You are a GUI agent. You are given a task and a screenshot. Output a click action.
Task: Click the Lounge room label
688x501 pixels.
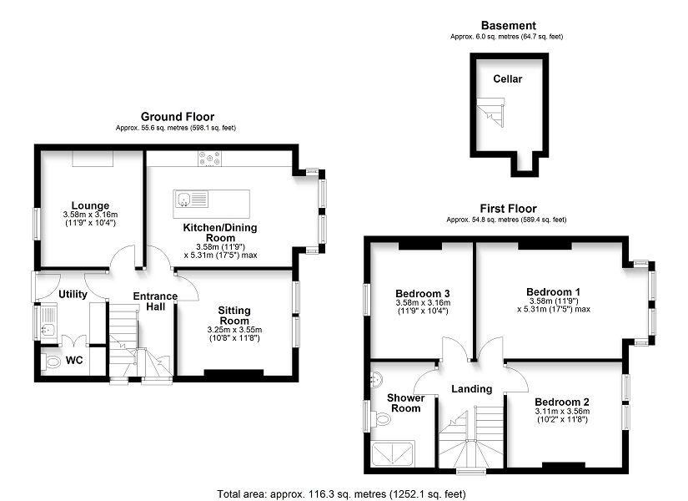(90, 205)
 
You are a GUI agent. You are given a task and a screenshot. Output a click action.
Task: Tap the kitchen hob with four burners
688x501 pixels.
(209, 159)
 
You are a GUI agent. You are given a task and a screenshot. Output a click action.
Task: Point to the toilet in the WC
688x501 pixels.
(52, 362)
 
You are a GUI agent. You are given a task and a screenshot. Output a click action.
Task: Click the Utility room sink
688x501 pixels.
(47, 328)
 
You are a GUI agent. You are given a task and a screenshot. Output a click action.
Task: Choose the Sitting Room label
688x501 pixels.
(234, 316)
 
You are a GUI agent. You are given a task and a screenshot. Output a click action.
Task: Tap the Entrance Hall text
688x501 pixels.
(155, 301)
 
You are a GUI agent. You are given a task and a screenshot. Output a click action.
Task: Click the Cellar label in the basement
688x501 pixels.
(508, 79)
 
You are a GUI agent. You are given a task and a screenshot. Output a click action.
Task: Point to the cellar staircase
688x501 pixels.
(491, 112)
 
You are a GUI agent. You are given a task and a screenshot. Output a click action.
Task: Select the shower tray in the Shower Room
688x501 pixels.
(393, 453)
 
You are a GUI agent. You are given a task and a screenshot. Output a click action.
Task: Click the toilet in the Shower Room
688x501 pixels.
(380, 419)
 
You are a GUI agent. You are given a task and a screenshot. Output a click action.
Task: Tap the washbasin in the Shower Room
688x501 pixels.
(376, 379)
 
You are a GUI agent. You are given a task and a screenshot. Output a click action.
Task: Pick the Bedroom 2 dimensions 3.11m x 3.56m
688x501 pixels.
(562, 412)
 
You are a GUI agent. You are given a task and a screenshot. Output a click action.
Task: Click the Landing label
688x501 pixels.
(472, 389)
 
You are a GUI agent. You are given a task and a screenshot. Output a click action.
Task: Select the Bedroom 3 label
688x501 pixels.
(423, 294)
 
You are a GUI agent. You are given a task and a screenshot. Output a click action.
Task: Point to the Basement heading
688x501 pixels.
(509, 26)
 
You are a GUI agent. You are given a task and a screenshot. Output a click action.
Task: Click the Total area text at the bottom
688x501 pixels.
(341, 494)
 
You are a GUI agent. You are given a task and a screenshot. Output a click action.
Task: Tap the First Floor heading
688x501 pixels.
(508, 208)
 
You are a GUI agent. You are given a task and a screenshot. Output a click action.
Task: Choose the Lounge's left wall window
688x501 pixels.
(38, 224)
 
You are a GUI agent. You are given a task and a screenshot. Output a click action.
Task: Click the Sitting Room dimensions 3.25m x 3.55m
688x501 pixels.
(234, 330)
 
